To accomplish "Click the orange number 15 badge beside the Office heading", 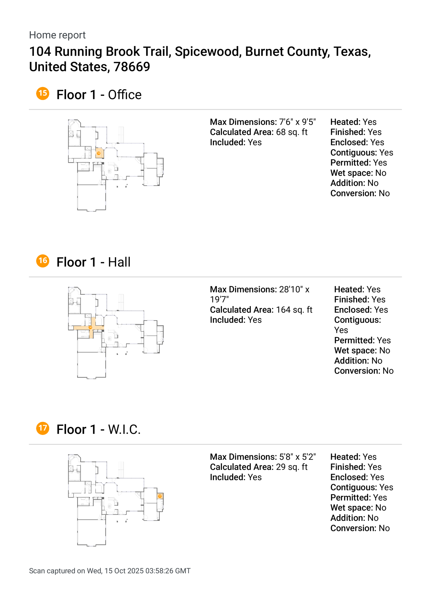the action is [43, 94].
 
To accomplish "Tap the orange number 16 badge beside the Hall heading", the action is [43, 261].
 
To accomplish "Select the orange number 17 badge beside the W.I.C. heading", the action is [43, 428].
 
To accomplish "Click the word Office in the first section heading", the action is [124, 95].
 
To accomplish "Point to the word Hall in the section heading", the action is [119, 262].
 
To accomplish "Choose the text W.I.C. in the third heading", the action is [124, 429].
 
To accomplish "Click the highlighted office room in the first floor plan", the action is [99, 153].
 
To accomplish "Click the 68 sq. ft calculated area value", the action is [291, 132].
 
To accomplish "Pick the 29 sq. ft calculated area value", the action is [291, 467].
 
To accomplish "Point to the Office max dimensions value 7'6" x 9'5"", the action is [297, 122].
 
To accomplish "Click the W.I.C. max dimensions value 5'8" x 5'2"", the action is [297, 457].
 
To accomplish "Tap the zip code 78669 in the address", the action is [131, 67].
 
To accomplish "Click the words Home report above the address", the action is [57, 35].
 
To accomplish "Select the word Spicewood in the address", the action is [208, 51].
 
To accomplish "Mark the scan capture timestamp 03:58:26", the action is [159, 571].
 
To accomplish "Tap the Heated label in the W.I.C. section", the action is [345, 457].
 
